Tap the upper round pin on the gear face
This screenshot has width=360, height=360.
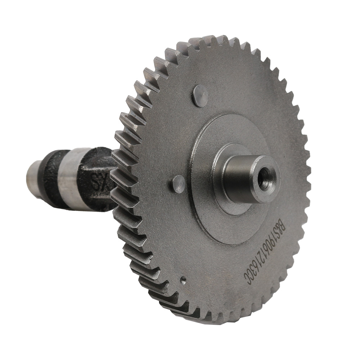click(200, 96)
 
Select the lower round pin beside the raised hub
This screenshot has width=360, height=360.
click(179, 184)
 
